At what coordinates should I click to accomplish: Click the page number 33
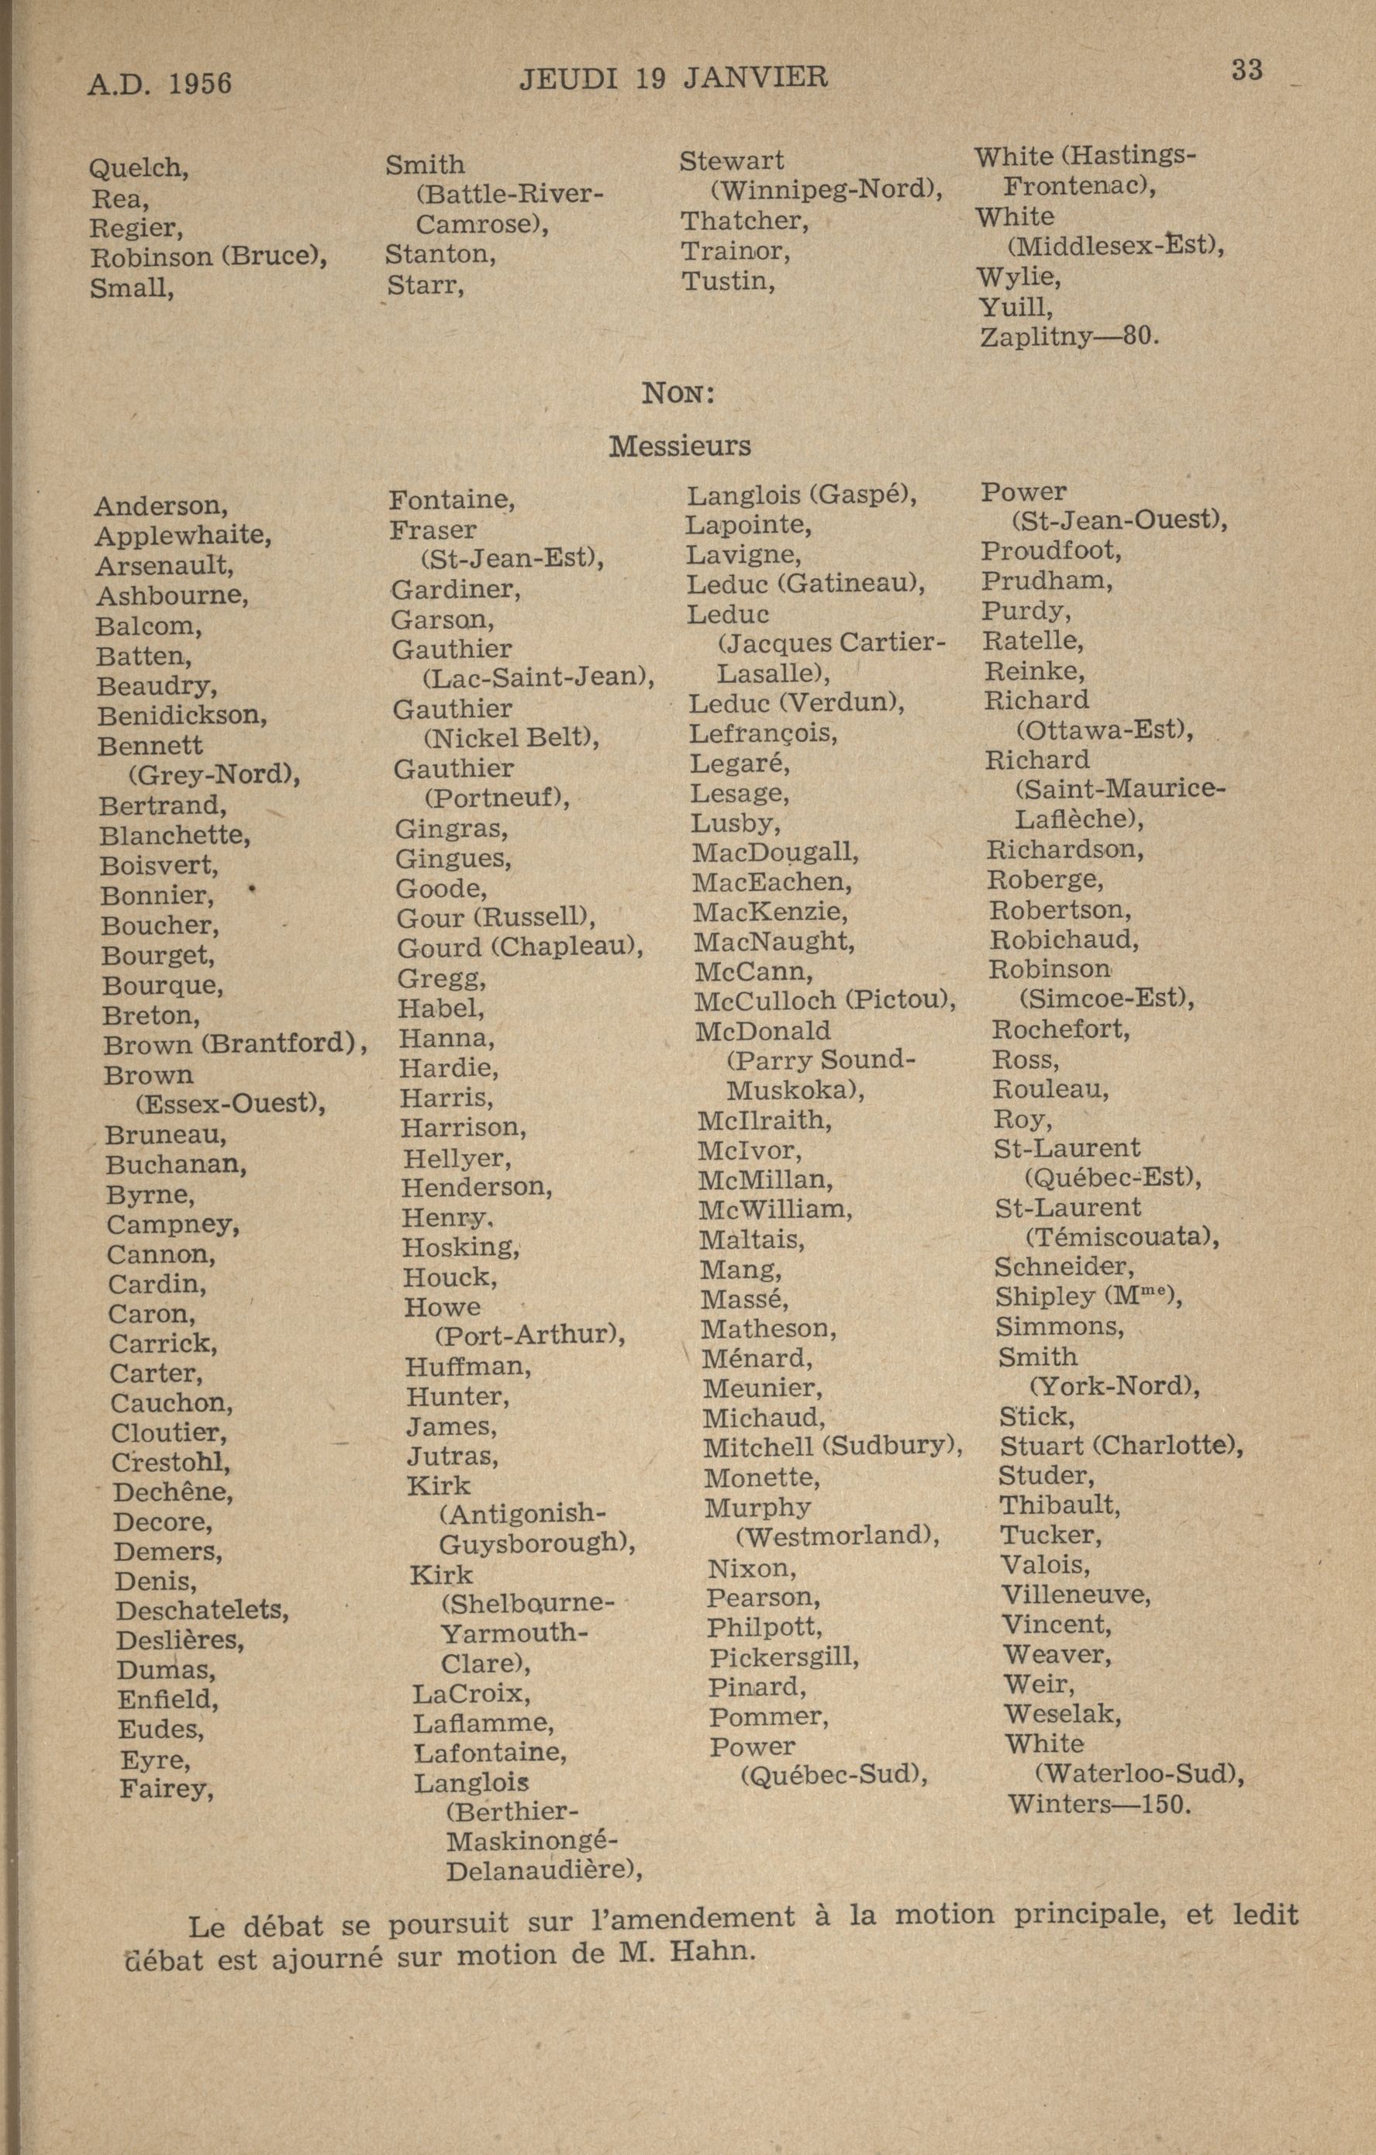pos(1247,70)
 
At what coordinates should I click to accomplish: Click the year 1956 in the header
pos(200,83)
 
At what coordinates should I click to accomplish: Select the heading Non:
pos(678,393)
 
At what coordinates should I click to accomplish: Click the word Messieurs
pos(680,446)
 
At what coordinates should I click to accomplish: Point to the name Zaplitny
pos(1036,337)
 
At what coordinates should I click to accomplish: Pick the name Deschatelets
pos(202,1610)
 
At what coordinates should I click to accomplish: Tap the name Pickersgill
pos(782,1657)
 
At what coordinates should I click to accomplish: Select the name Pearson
pos(763,1597)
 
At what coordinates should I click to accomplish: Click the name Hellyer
pos(457,1158)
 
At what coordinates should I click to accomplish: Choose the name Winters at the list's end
pos(1060,1802)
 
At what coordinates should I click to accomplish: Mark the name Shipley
pos(1044,1297)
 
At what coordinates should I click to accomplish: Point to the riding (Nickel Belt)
pos(510,738)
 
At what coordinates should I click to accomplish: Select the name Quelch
pos(138,167)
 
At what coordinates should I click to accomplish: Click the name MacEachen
pos(771,882)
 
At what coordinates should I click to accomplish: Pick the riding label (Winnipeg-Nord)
pos(826,190)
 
